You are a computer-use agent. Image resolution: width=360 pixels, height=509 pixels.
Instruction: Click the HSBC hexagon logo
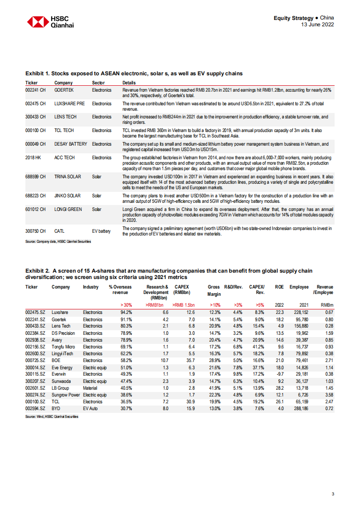click(x=37, y=22)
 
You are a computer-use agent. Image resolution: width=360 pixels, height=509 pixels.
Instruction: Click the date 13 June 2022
click(x=318, y=24)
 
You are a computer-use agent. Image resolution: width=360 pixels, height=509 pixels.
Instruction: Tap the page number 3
click(x=333, y=494)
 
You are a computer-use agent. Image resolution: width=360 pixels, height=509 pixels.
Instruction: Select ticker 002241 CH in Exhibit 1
click(x=35, y=90)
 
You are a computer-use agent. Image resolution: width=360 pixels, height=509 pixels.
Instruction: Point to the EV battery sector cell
click(x=101, y=231)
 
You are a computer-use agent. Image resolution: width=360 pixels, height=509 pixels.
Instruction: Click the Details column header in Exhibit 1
click(x=129, y=83)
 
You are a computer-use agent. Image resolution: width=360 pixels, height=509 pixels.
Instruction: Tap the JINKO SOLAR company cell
click(x=67, y=196)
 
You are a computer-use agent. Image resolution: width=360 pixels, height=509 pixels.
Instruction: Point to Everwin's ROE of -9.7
click(x=279, y=374)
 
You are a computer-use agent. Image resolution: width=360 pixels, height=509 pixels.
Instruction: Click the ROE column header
click(x=280, y=287)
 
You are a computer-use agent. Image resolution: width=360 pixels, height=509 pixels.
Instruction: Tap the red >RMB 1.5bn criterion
click(x=184, y=305)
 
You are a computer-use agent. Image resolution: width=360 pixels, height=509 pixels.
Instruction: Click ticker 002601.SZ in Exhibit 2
click(x=35, y=388)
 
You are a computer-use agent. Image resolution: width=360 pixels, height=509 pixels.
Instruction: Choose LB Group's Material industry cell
click(x=90, y=388)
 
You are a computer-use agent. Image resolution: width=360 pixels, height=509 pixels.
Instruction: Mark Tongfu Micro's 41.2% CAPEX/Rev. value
click(x=257, y=347)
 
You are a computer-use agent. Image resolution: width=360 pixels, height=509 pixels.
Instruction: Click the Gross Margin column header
click(x=214, y=290)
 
